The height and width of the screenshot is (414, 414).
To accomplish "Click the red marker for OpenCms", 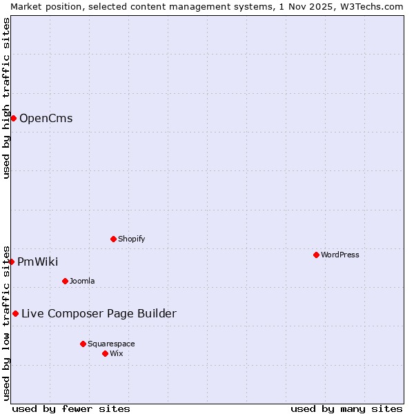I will [13, 118].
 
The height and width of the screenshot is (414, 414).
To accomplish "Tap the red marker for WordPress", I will [316, 255].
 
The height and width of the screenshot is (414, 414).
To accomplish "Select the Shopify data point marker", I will [113, 239].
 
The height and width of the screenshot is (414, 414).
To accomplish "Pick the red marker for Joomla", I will [65, 281].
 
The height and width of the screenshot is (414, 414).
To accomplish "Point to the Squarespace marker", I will [83, 344].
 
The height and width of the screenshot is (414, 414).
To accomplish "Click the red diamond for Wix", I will [105, 353].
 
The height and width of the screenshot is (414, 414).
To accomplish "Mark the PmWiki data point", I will [11, 262].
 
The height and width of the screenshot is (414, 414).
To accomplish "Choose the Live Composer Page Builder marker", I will [15, 313].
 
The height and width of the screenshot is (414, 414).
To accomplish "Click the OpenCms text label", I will [46, 118].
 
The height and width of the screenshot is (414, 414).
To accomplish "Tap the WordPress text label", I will [340, 255].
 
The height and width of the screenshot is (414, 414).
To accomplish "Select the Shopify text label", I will [131, 239].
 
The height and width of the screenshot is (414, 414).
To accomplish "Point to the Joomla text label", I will [82, 281].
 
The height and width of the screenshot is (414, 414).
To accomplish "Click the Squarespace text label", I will [111, 344].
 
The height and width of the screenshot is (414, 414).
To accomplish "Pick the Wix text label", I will [117, 353].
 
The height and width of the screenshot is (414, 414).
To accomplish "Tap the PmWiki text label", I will [37, 262].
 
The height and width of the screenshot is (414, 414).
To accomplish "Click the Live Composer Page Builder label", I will [99, 313].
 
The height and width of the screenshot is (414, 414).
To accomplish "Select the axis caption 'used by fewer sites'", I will [71, 408].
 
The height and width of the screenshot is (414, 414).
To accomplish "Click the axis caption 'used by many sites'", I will [346, 408].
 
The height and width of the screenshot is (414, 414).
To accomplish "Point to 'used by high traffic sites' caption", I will [6, 98].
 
